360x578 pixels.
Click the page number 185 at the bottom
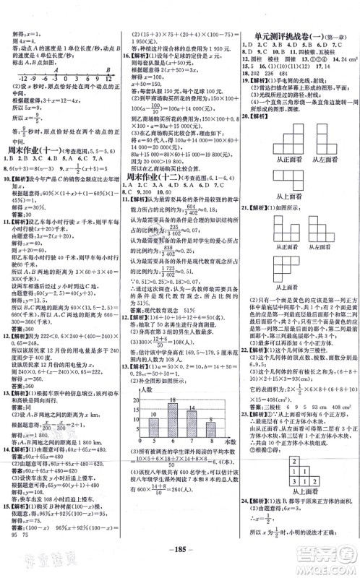click(179, 566)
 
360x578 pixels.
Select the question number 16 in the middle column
click(127, 74)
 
